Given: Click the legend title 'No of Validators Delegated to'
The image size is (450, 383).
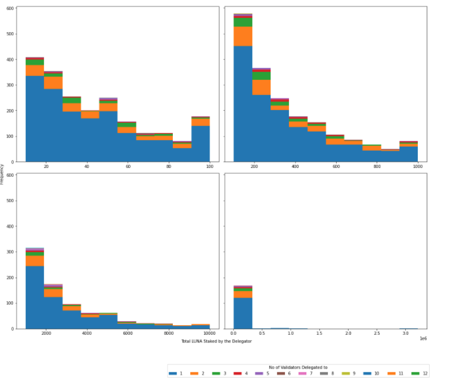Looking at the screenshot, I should click(x=298, y=367).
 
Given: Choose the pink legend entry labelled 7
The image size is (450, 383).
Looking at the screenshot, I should click(x=306, y=373).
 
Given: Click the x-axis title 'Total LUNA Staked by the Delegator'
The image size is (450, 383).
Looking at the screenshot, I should click(x=216, y=341).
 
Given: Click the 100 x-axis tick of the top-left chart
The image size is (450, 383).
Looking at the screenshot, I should click(x=209, y=166).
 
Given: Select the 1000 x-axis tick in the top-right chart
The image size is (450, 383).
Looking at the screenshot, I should click(x=417, y=166).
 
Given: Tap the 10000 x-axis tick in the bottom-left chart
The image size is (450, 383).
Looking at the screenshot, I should click(x=209, y=333).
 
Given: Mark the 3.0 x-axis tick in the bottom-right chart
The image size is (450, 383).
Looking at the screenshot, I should click(x=406, y=333).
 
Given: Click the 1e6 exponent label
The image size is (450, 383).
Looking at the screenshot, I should click(x=423, y=338).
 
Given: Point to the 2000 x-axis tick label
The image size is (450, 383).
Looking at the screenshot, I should click(x=46, y=333).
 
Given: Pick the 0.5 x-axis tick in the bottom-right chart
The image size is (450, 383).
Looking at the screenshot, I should click(x=262, y=333).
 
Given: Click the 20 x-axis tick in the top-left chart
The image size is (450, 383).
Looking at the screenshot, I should click(x=46, y=166).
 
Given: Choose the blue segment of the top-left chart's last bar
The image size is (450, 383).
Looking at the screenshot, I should click(x=200, y=144).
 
